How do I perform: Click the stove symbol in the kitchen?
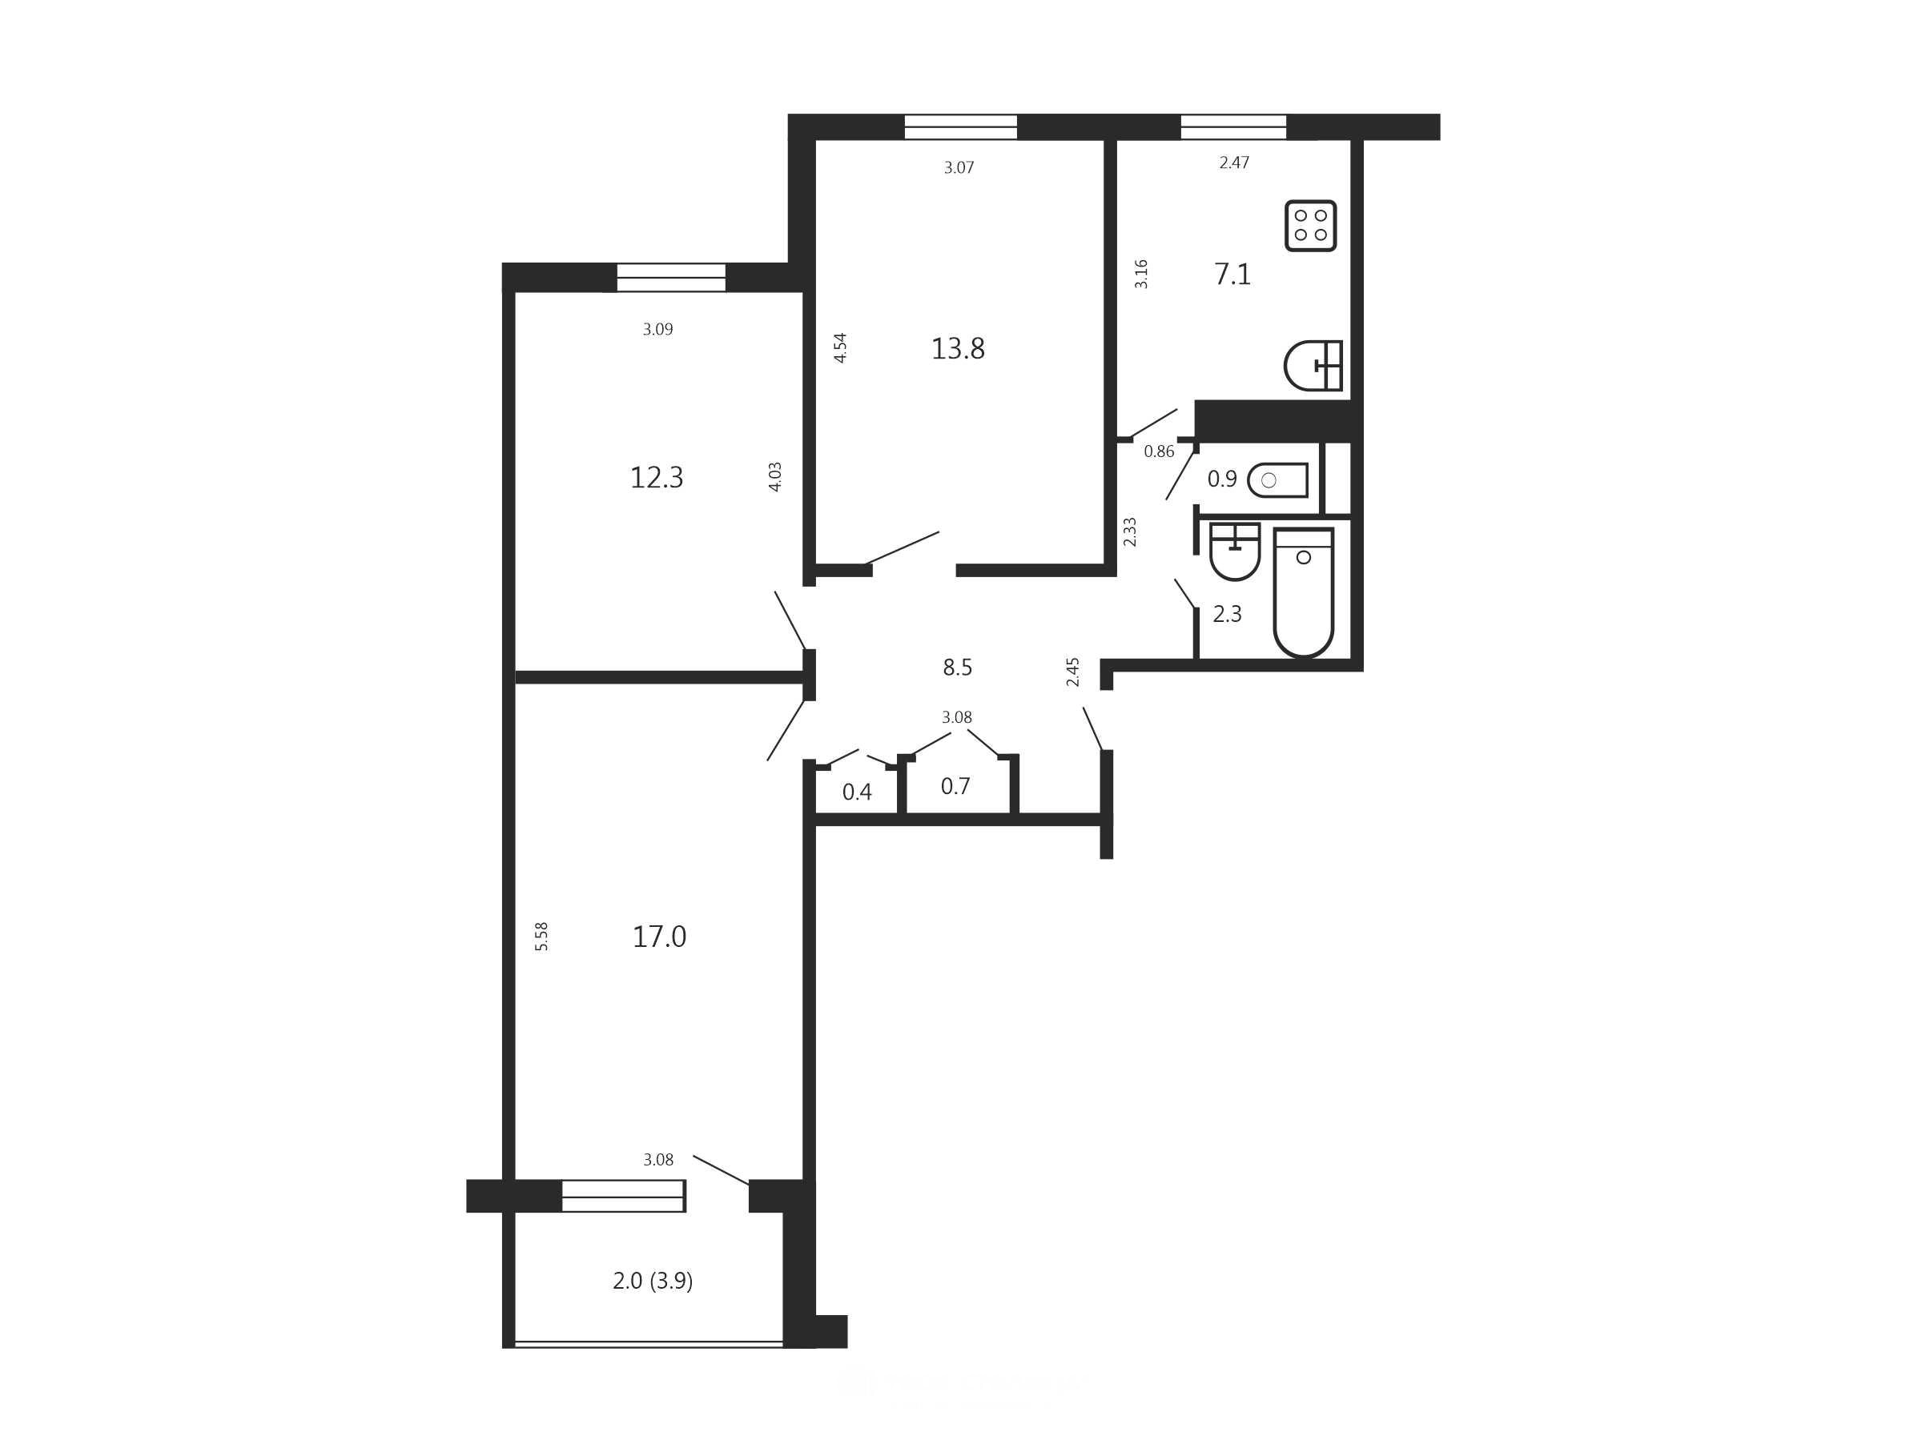(x=1310, y=226)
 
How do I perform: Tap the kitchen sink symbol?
(x=1313, y=366)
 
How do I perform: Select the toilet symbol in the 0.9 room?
(x=1277, y=479)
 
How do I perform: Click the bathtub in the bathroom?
(x=1304, y=592)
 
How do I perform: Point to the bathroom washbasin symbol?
(x=1235, y=551)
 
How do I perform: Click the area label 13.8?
(x=958, y=349)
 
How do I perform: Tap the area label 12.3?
(x=657, y=478)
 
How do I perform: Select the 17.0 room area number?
(x=659, y=937)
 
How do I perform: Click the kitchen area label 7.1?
(x=1232, y=275)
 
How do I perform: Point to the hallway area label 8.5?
(x=957, y=668)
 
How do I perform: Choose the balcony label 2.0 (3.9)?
(x=653, y=1282)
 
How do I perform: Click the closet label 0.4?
(x=857, y=792)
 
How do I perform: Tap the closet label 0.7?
(x=955, y=787)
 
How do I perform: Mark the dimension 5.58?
(x=541, y=936)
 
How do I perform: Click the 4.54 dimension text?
(x=840, y=347)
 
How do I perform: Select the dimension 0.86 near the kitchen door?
(x=1159, y=451)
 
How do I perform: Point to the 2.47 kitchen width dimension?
(x=1234, y=162)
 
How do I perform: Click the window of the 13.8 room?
(x=960, y=127)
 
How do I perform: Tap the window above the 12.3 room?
(x=671, y=278)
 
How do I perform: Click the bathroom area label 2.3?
(x=1227, y=615)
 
